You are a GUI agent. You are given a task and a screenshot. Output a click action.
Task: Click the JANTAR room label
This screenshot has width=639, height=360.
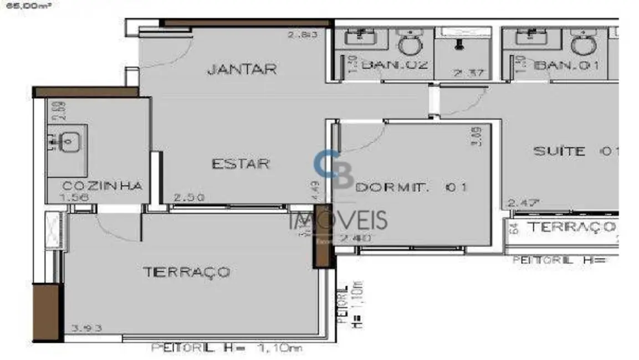(242, 70)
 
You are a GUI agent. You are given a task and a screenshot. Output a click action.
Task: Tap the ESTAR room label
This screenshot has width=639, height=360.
(241, 164)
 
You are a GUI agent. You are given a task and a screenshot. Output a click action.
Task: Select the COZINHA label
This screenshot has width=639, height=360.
(102, 186)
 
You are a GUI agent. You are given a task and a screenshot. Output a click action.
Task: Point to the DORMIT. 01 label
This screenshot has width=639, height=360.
(411, 188)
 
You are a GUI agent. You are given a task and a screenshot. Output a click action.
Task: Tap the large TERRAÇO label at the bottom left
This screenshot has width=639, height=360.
(186, 272)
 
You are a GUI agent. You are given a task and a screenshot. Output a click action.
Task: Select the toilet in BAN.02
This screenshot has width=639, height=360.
(411, 44)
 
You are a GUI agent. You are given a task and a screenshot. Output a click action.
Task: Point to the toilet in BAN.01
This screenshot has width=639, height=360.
(583, 44)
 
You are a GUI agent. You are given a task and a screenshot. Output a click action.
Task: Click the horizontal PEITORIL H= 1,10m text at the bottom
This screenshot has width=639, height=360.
(227, 348)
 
